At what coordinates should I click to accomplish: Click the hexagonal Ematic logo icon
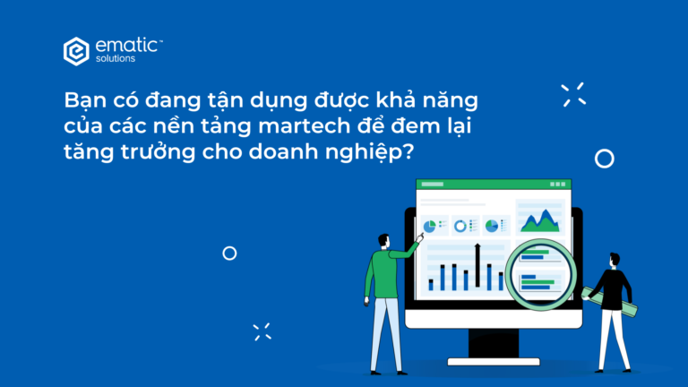(x=76, y=51)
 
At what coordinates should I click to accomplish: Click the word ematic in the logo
(x=126, y=45)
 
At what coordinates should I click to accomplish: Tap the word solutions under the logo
(x=116, y=59)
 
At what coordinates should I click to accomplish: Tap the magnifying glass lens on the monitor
(x=540, y=274)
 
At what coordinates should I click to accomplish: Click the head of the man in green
(x=384, y=241)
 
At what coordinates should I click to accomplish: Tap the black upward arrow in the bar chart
(x=477, y=265)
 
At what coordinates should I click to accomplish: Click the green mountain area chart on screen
(x=540, y=221)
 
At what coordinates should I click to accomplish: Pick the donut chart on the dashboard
(x=460, y=226)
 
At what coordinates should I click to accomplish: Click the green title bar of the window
(x=494, y=185)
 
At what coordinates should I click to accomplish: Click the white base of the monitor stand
(x=494, y=362)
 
